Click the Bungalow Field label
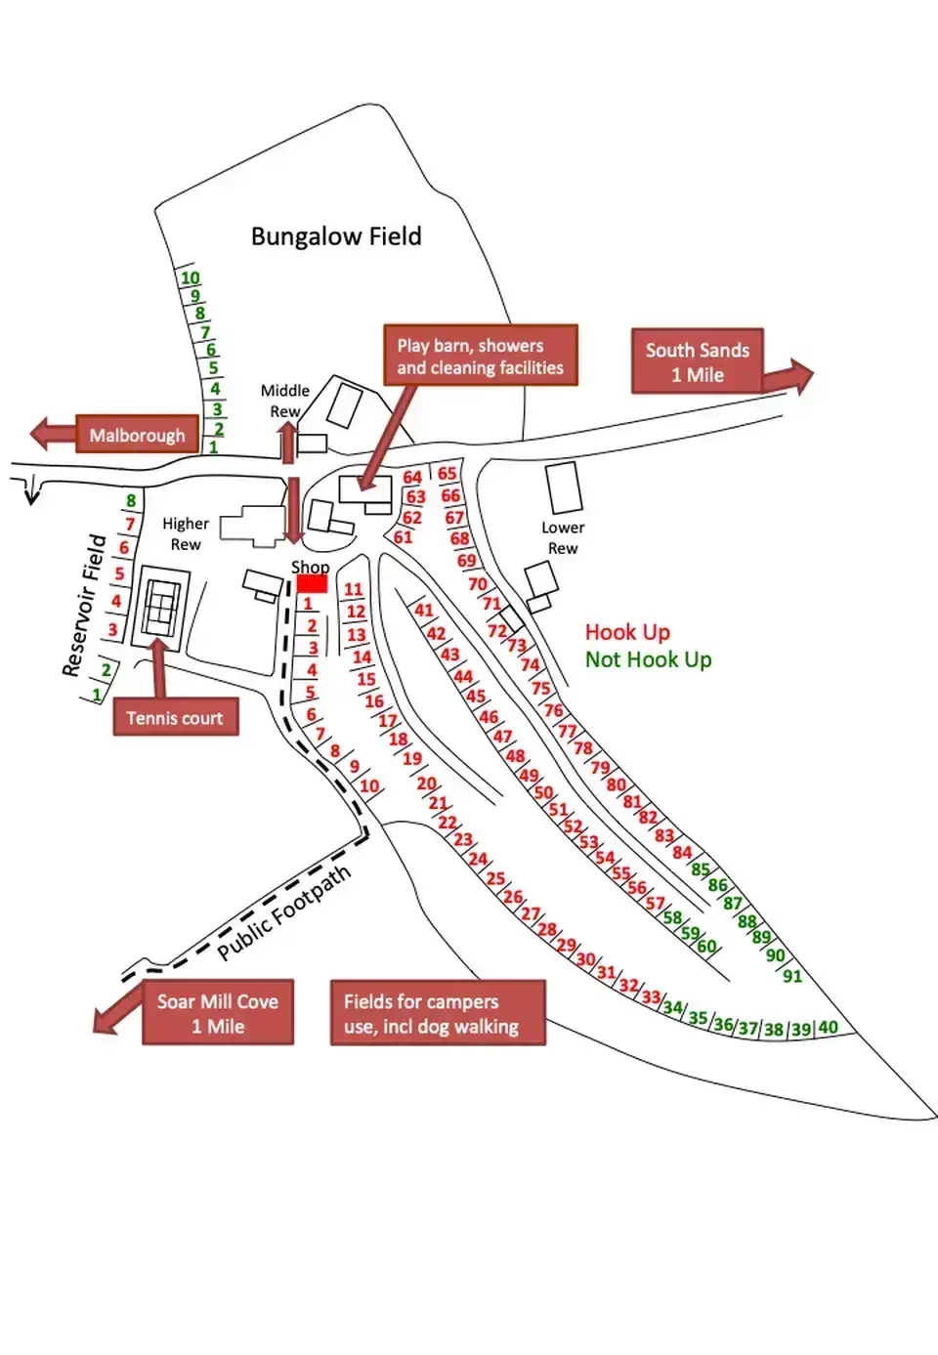(336, 236)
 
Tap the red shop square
(312, 583)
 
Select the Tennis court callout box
(176, 718)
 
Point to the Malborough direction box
(137, 435)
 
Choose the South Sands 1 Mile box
(697, 361)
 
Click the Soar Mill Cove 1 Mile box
(217, 1013)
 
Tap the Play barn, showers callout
(480, 356)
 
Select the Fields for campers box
(437, 1013)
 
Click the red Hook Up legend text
(627, 632)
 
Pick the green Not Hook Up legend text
(648, 659)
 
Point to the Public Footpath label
(283, 912)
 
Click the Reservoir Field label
(84, 605)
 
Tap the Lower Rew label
(563, 537)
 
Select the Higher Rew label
(186, 533)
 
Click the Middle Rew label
(285, 401)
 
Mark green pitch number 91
(792, 976)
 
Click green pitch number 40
(828, 1027)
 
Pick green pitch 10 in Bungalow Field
(190, 277)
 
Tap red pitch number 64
(412, 477)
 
